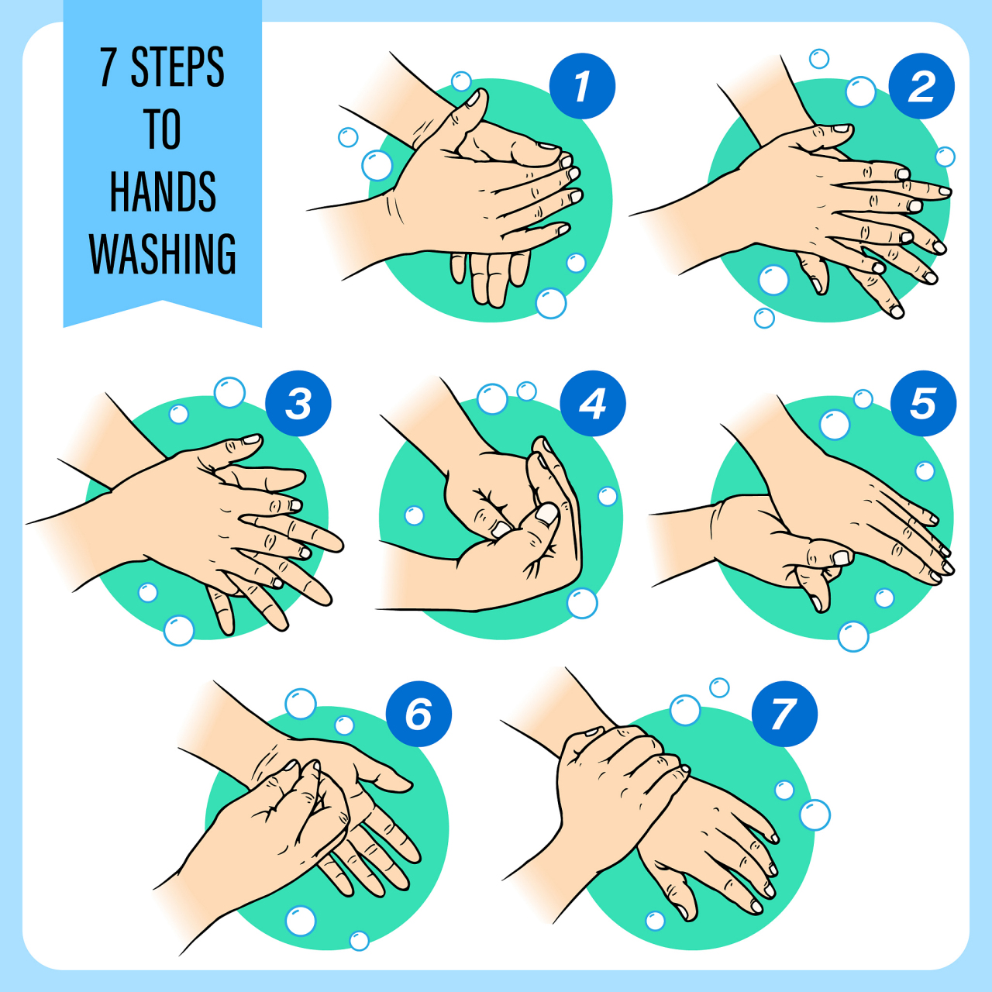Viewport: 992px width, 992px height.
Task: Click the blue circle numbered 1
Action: point(582,86)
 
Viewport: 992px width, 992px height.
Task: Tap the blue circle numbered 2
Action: point(921,86)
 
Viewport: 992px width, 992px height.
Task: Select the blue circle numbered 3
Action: point(298,404)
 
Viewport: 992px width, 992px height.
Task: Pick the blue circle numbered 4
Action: point(593,404)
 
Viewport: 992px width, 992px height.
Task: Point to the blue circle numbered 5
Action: point(924,404)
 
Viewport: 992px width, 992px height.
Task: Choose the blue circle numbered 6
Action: point(418,714)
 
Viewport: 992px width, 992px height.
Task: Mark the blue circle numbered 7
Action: point(784,714)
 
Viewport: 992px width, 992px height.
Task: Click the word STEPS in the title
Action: point(177,67)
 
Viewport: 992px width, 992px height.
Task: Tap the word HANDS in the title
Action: point(163,191)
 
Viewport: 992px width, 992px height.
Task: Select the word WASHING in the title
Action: point(163,253)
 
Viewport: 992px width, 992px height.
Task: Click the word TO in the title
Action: point(163,129)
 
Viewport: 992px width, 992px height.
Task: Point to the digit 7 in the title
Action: point(108,67)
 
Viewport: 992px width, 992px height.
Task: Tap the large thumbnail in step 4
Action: point(547,513)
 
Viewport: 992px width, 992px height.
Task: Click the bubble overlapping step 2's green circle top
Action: point(861,91)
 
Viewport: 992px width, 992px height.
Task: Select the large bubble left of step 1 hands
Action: point(377,165)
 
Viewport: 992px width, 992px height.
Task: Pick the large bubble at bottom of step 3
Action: point(179,630)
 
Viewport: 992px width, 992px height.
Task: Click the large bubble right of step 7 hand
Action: point(815,815)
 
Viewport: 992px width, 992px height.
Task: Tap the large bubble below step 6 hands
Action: point(301,921)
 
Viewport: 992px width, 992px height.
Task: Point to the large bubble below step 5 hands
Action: point(853,636)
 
